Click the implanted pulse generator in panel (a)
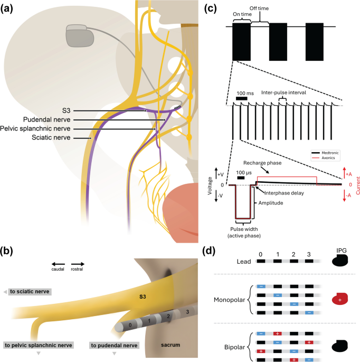pyautogui.click(x=80, y=36)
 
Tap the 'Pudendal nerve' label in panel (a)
pyautogui.click(x=47, y=119)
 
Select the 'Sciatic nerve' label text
pyautogui.click(x=51, y=137)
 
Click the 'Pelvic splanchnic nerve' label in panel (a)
pyautogui.click(x=35, y=128)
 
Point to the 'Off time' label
pyautogui.click(x=259, y=8)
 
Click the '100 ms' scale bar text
pyautogui.click(x=245, y=94)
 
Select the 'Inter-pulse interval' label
pyautogui.click(x=283, y=92)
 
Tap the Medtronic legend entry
pyautogui.click(x=325, y=153)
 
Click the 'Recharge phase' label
pyautogui.click(x=262, y=163)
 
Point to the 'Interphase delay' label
pyautogui.click(x=284, y=193)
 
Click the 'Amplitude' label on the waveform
pyautogui.click(x=270, y=203)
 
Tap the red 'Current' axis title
pyautogui.click(x=358, y=185)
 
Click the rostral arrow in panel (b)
pyautogui.click(x=78, y=264)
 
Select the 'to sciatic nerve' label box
pyautogui.click(x=30, y=292)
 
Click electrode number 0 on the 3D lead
pyautogui.click(x=130, y=326)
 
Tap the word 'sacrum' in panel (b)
pyautogui.click(x=170, y=345)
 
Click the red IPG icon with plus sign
pyautogui.click(x=340, y=299)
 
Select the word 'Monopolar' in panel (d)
pyautogui.click(x=229, y=300)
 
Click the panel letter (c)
pyautogui.click(x=211, y=9)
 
